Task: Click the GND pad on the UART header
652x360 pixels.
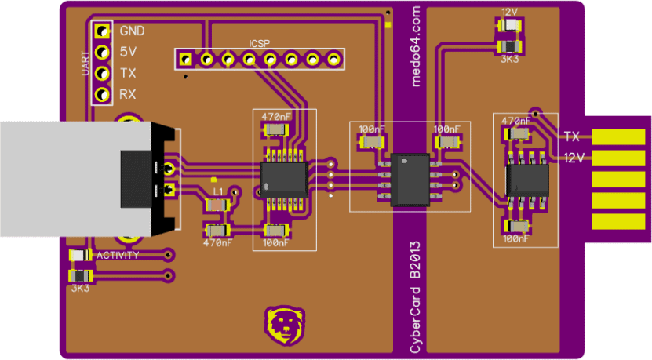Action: (x=102, y=31)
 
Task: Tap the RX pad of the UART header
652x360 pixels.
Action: (x=102, y=94)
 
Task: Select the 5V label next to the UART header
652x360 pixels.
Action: (x=128, y=52)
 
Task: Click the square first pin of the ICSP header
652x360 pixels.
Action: (x=185, y=60)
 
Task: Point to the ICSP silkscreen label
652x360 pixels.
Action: (x=259, y=44)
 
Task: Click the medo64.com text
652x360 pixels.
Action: (x=415, y=46)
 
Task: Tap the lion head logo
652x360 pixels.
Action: (x=285, y=326)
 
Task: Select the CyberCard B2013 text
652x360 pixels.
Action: (x=415, y=297)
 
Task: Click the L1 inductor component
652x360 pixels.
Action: (x=217, y=205)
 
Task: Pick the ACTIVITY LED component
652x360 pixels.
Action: (x=80, y=255)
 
